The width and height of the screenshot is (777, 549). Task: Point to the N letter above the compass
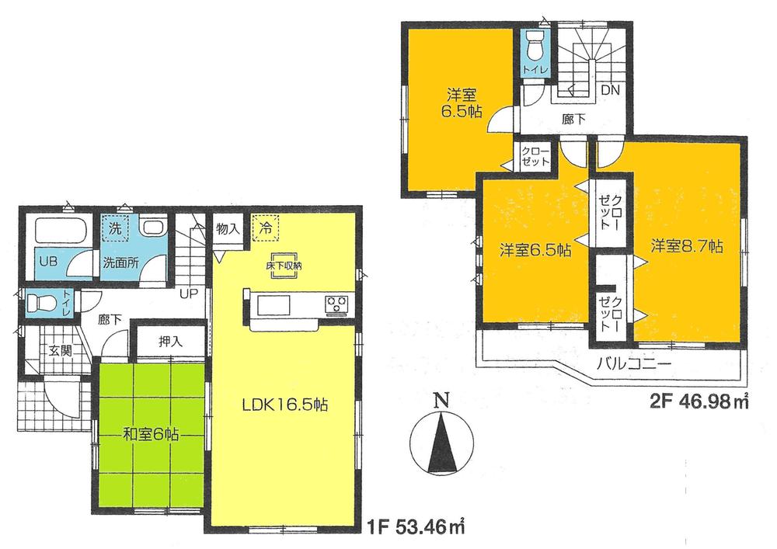[x=441, y=401]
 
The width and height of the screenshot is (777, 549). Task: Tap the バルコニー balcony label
[x=629, y=363]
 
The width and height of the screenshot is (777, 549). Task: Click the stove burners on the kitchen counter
[x=337, y=304]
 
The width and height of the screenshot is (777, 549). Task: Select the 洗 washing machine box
[x=114, y=229]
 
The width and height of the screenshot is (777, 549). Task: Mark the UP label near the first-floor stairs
[x=189, y=294]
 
